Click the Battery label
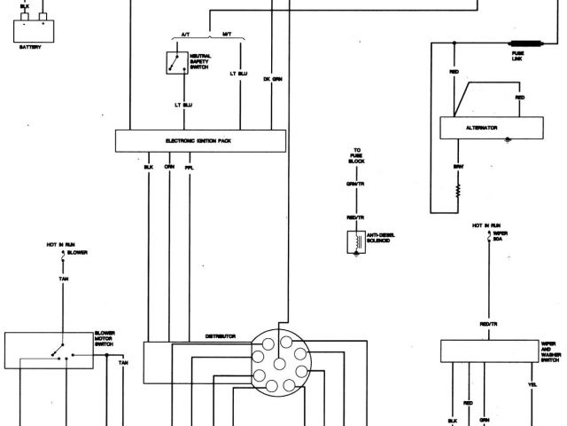[30, 47]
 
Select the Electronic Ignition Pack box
[201, 141]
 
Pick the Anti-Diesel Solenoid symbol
[353, 241]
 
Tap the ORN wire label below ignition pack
[168, 167]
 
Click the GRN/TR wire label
[354, 184]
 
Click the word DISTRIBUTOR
[221, 336]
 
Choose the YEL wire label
[532, 385]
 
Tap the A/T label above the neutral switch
[185, 34]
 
